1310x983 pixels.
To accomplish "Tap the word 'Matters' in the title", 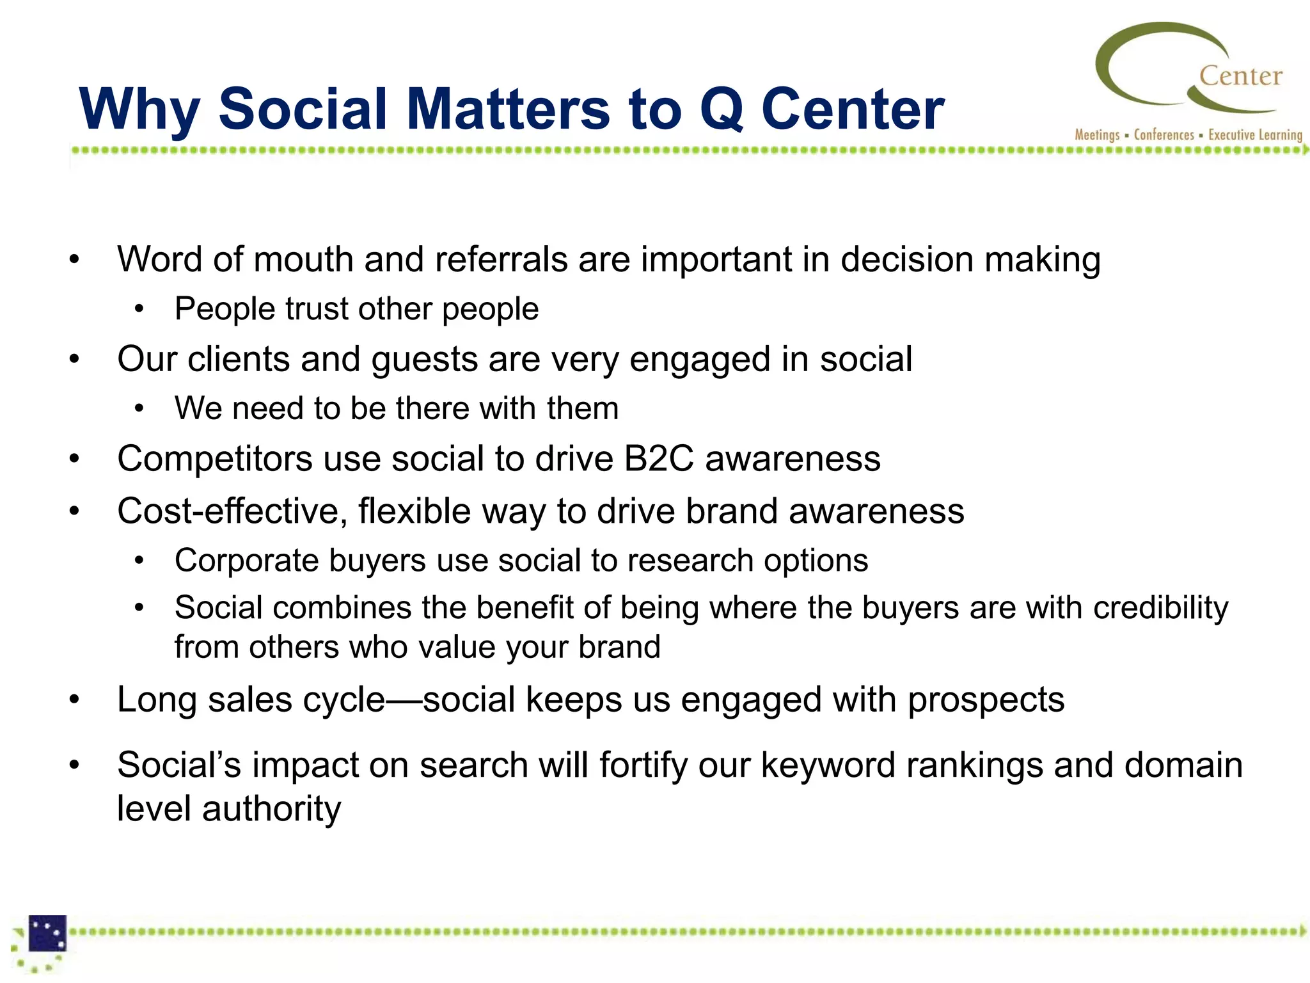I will point(508,109).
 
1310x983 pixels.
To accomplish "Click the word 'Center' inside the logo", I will point(1240,76).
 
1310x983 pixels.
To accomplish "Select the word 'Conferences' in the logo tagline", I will point(1164,135).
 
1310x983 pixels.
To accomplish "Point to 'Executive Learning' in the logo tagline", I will point(1255,135).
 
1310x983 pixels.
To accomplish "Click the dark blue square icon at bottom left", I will point(47,933).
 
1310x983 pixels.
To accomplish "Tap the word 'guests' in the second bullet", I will point(424,359).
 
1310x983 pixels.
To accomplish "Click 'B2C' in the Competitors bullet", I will point(659,459).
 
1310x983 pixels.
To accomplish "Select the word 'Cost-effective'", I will point(232,511).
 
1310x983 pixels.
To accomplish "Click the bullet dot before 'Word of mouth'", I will point(75,260).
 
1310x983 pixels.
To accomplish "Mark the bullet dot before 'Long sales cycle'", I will point(75,699).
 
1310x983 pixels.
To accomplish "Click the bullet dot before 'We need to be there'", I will point(139,409).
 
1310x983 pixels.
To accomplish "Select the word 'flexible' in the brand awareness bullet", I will point(414,511).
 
